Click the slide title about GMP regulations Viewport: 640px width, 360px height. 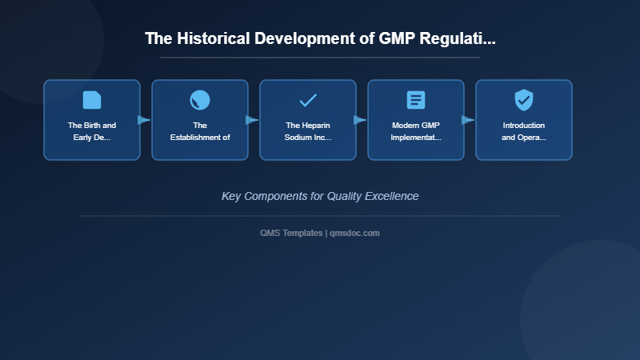[x=320, y=38]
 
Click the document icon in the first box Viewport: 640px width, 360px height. [x=92, y=100]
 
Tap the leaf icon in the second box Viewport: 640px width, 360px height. [x=200, y=100]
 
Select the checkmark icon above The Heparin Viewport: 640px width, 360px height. [x=308, y=100]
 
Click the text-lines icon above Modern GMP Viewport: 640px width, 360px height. [x=416, y=100]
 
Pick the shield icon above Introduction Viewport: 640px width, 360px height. [x=524, y=100]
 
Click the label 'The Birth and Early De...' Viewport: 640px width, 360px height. [x=92, y=131]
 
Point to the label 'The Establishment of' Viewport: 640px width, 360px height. [x=200, y=131]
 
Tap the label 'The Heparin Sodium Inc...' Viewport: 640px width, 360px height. [x=308, y=131]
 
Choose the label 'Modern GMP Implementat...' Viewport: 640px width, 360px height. [x=416, y=131]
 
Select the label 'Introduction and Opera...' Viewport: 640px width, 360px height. [x=524, y=131]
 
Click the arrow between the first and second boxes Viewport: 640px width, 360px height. [x=144, y=120]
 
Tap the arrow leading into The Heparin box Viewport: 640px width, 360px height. [x=252, y=120]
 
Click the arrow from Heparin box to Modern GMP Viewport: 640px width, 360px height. [x=360, y=120]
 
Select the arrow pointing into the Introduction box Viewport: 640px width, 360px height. [x=468, y=120]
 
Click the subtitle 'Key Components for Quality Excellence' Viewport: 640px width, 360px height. [x=320, y=196]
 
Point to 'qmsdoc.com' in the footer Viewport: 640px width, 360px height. [x=354, y=233]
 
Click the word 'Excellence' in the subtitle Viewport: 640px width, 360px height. [x=391, y=196]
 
